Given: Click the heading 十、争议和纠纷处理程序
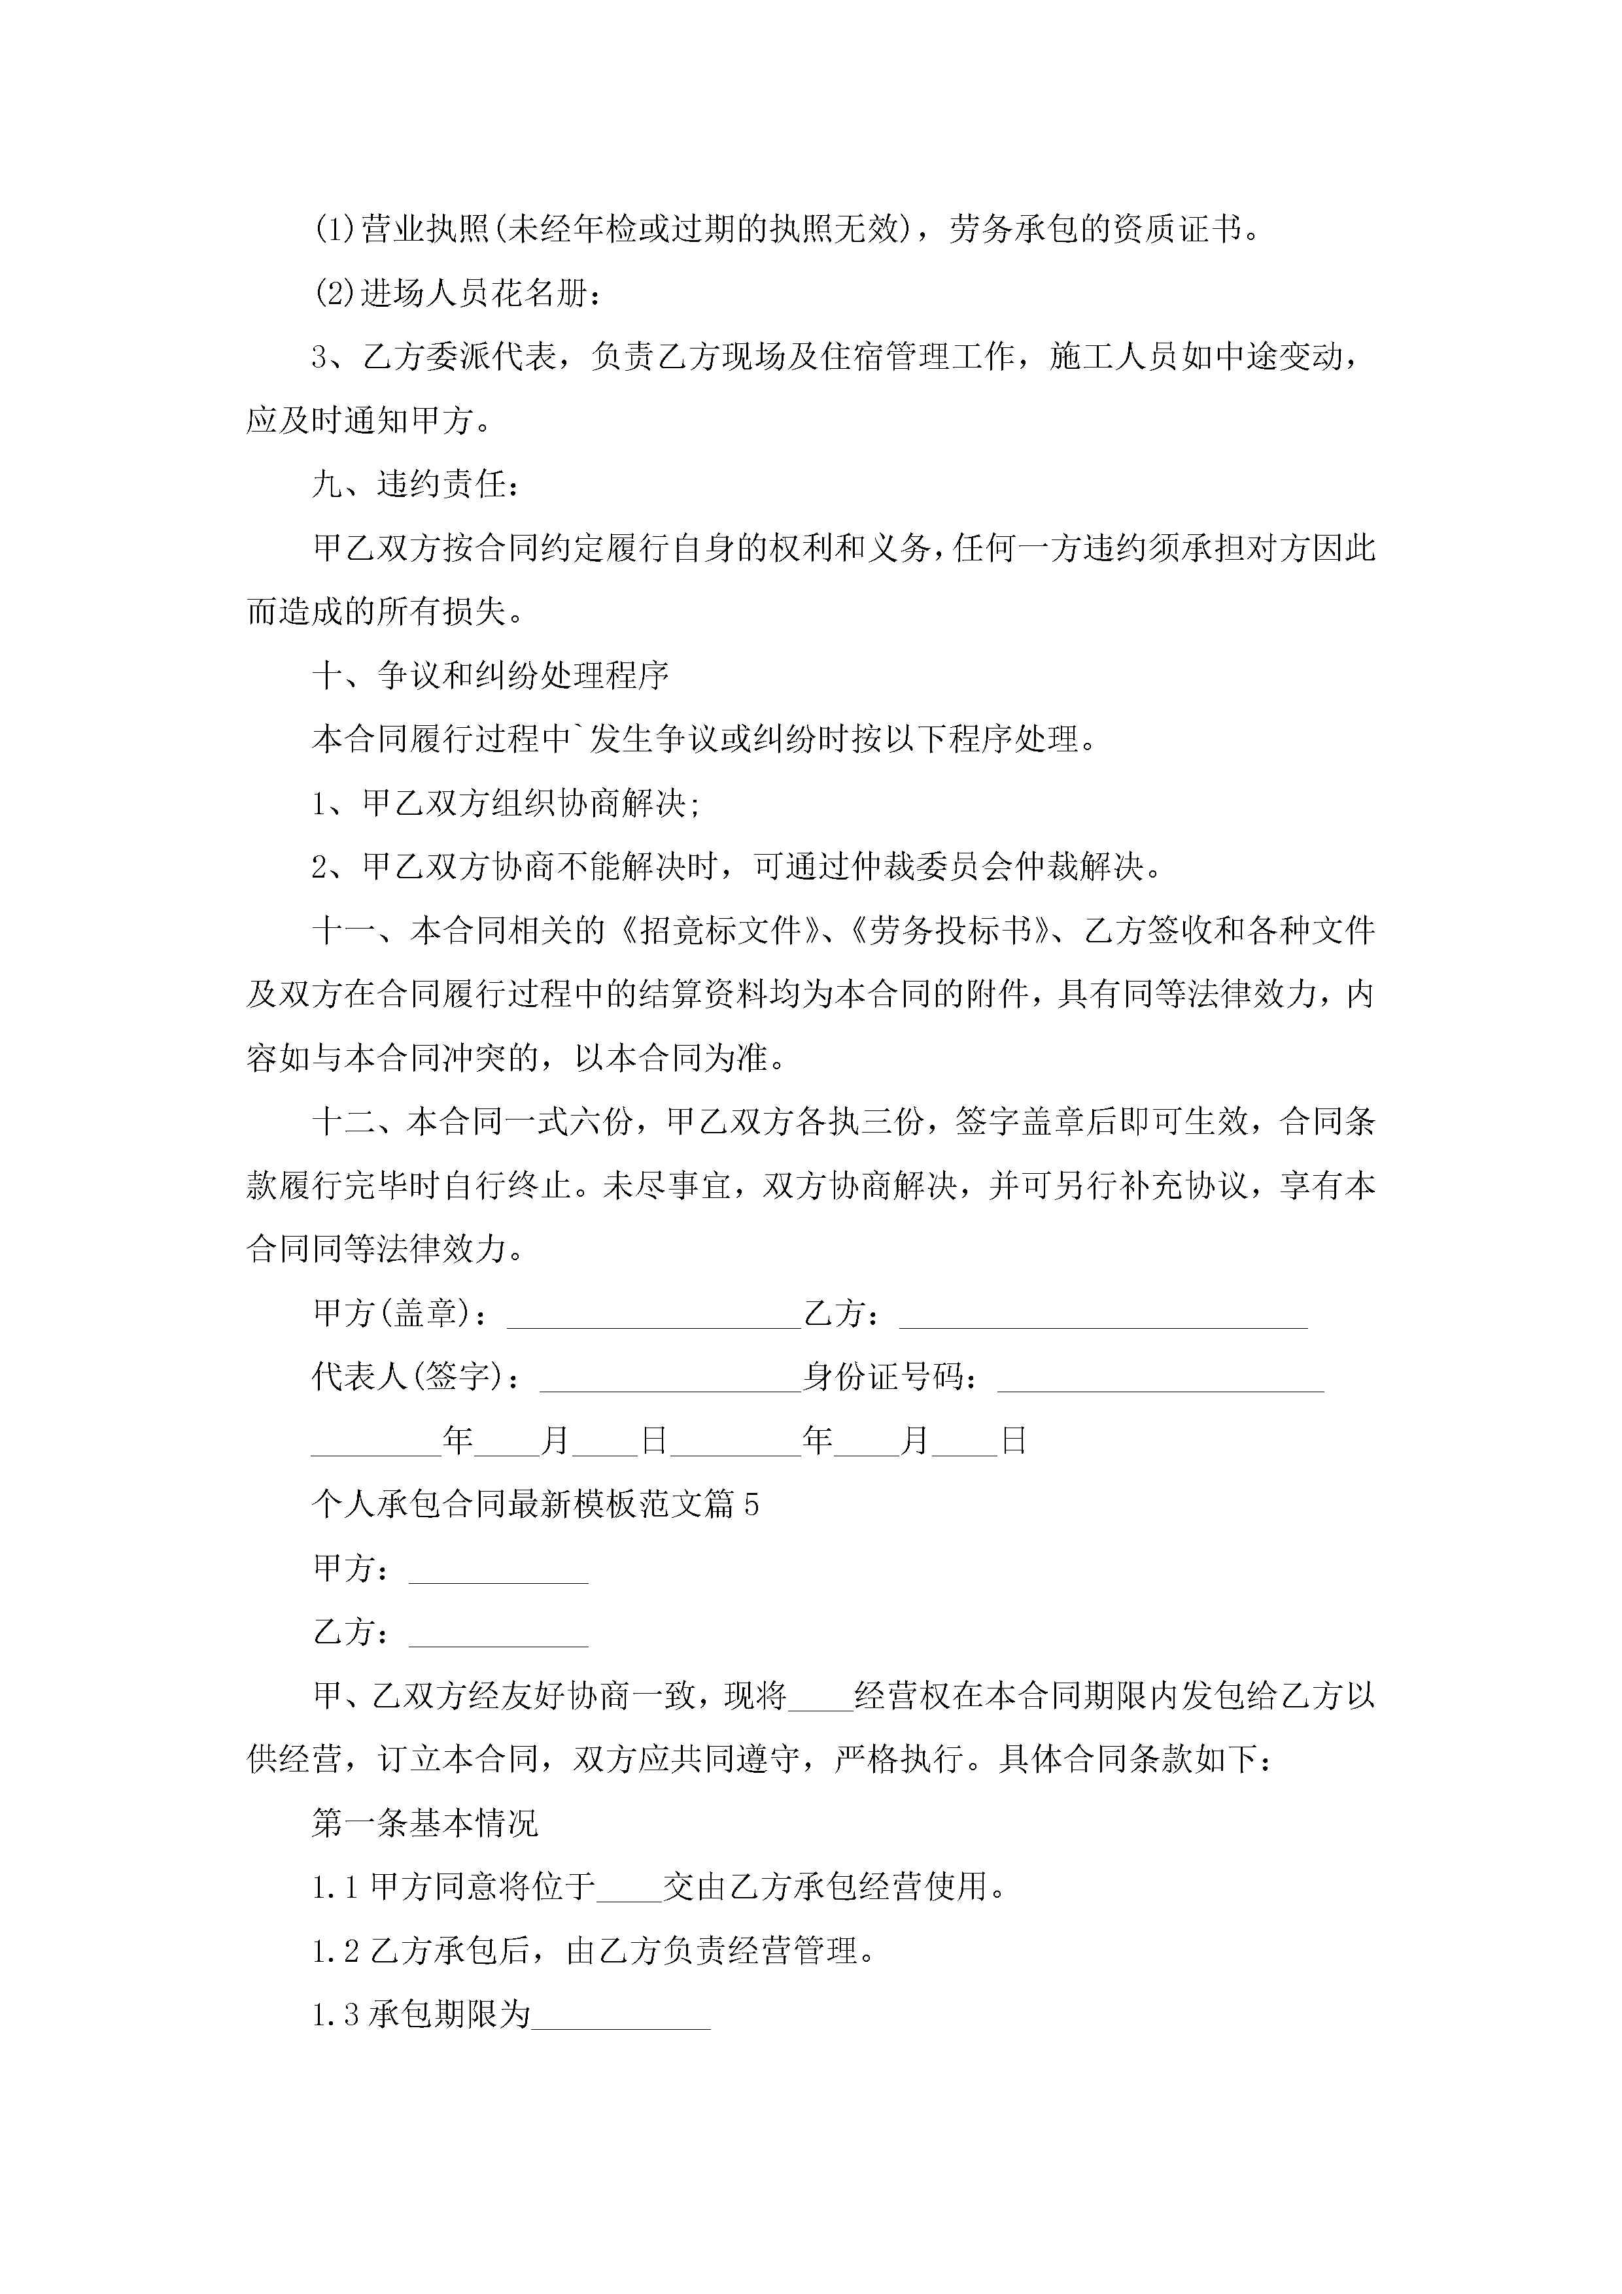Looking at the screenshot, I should (490, 676).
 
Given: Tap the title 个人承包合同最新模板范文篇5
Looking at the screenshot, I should (534, 1503).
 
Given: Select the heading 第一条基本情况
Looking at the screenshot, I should (424, 1823).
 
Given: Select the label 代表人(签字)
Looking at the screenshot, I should (415, 1378).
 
